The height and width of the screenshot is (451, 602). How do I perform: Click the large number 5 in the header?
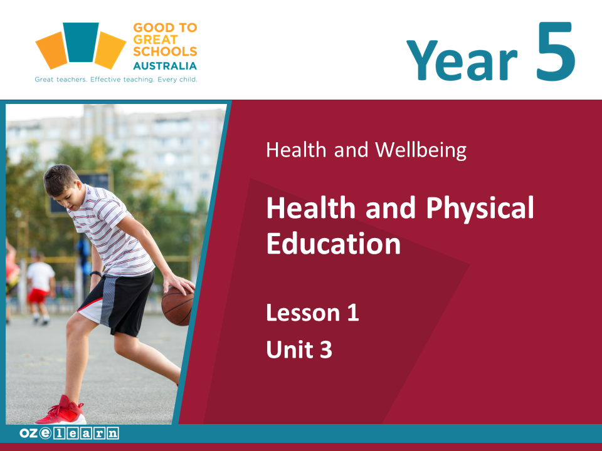[556, 51]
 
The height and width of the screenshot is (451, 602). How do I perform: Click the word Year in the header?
[462, 60]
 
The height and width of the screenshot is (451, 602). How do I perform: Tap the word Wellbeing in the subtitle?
[421, 150]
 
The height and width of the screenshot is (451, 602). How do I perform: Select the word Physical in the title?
[480, 209]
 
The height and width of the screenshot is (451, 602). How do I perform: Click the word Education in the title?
[334, 244]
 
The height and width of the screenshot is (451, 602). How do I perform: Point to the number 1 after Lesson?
[353, 313]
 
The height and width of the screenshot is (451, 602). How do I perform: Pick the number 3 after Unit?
[325, 350]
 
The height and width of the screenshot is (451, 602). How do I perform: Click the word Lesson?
[304, 313]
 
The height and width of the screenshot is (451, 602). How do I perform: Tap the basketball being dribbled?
[177, 306]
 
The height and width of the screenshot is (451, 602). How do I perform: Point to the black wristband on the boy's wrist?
[96, 274]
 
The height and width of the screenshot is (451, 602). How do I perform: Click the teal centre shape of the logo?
[81, 42]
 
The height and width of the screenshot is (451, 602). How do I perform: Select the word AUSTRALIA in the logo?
[165, 66]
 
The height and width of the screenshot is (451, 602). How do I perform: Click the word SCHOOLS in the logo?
[165, 51]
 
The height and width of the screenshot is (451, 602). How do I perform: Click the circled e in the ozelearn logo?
[45, 433]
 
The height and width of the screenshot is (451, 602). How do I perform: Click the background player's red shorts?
[37, 295]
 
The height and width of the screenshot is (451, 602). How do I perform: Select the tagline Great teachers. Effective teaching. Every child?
[116, 80]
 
